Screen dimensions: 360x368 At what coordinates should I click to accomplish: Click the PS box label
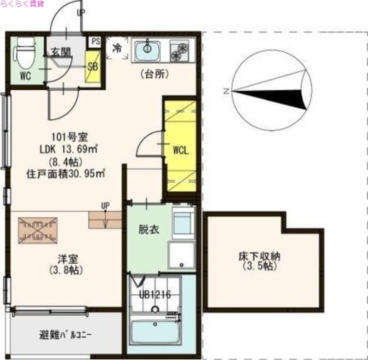(96, 41)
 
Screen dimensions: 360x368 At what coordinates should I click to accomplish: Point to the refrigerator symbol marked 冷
(118, 48)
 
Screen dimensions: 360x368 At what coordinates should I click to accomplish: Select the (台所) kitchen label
(154, 74)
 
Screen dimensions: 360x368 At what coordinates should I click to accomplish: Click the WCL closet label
(181, 151)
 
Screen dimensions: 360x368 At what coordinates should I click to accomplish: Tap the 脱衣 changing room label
(149, 229)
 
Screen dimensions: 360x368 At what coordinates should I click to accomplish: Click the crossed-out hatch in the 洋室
(38, 229)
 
